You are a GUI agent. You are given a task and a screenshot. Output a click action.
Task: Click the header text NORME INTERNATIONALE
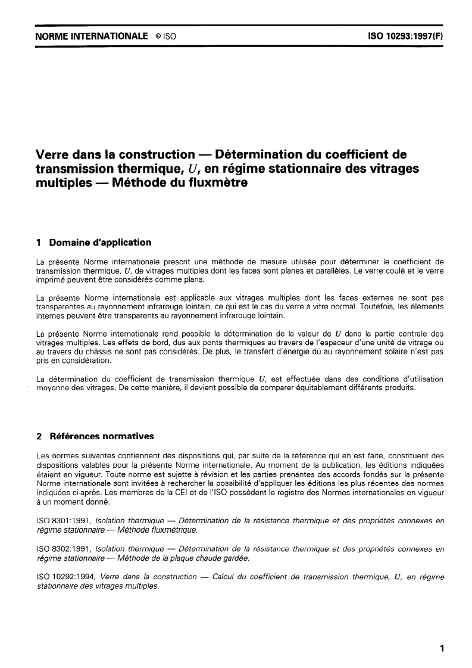point(92,36)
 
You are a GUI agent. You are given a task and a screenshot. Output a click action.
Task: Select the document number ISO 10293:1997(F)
point(407,36)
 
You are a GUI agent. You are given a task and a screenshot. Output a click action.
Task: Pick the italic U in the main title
point(192,169)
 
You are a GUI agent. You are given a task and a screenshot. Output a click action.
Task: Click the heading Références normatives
point(101,436)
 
